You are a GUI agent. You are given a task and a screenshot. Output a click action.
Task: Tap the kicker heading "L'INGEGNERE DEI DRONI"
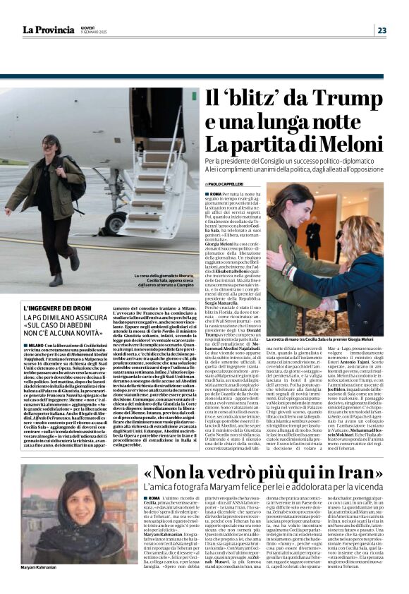point(57,308)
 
